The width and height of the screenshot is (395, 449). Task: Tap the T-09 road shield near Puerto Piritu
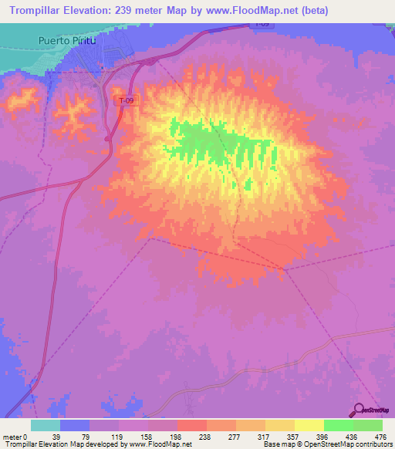click(124, 100)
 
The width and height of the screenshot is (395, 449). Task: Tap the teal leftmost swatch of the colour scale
click(46, 425)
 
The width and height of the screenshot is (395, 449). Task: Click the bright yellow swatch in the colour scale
click(309, 425)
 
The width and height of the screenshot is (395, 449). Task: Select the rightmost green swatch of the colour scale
click(368, 425)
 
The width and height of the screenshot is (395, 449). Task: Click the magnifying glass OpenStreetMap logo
click(359, 410)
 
